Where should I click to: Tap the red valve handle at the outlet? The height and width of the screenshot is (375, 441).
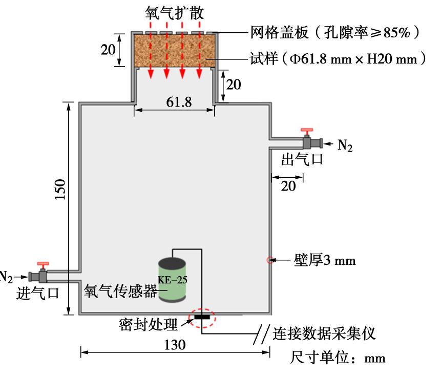point(307,132)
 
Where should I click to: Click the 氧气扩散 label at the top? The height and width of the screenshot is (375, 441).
point(174,12)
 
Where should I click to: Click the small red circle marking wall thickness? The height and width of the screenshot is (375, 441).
point(269,260)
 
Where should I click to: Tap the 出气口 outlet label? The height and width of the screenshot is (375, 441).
point(302,159)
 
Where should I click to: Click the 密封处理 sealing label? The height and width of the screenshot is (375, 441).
point(149,324)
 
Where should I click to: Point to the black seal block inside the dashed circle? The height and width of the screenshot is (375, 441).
point(203,317)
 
